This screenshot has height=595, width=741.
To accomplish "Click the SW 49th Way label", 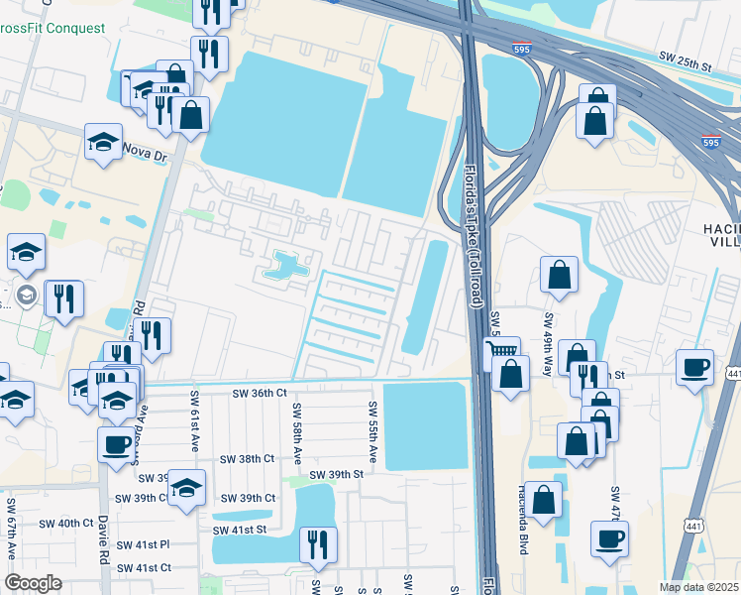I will (547, 339).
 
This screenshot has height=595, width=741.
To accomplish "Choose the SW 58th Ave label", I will (296, 434).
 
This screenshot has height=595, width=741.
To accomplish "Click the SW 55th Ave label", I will (373, 432).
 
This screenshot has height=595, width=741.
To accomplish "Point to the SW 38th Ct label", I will (246, 459).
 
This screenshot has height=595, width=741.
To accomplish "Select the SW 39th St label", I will (337, 475).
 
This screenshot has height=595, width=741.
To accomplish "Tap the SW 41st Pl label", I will (144, 544).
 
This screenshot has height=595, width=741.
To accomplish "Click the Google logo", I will (33, 583).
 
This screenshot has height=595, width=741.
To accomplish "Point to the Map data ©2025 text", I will (698, 587).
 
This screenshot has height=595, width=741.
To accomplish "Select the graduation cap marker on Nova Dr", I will (103, 142).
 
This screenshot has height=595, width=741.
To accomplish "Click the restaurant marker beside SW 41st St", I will (318, 543).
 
